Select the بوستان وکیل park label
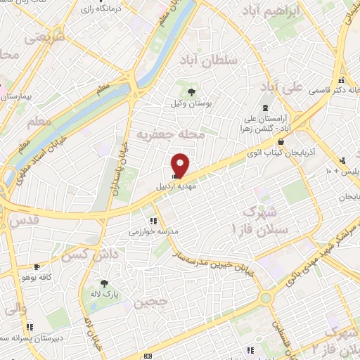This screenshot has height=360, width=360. (x=191, y=103)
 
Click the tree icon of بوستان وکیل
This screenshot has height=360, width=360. (x=191, y=91)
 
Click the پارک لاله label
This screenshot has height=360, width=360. (x=105, y=294)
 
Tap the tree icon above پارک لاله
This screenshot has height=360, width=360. (x=105, y=283)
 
